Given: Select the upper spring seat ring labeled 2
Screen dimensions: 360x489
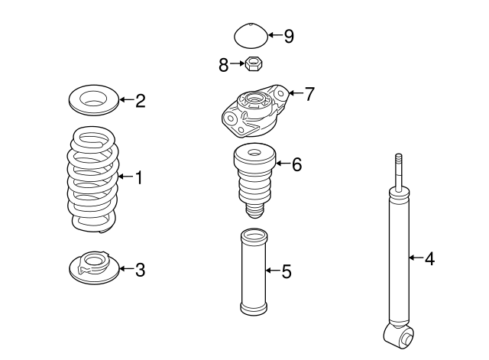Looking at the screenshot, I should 93,99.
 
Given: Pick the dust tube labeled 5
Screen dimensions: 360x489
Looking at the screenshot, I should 253,271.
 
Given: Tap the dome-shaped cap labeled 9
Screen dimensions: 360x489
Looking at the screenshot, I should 249,35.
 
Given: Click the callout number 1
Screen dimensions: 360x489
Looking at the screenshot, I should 139,178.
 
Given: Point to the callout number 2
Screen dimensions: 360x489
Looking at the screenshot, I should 140,101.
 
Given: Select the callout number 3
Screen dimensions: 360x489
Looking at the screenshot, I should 140,269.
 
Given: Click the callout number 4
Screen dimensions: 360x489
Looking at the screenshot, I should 429,259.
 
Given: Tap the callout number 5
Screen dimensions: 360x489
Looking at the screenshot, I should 287,271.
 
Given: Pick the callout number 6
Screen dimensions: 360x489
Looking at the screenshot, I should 297,164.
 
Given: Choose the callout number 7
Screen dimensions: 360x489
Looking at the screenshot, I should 309,94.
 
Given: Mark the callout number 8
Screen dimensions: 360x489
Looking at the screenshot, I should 223,65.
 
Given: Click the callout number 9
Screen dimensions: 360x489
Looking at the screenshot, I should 288,36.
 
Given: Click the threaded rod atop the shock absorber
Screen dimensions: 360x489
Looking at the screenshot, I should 397,172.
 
